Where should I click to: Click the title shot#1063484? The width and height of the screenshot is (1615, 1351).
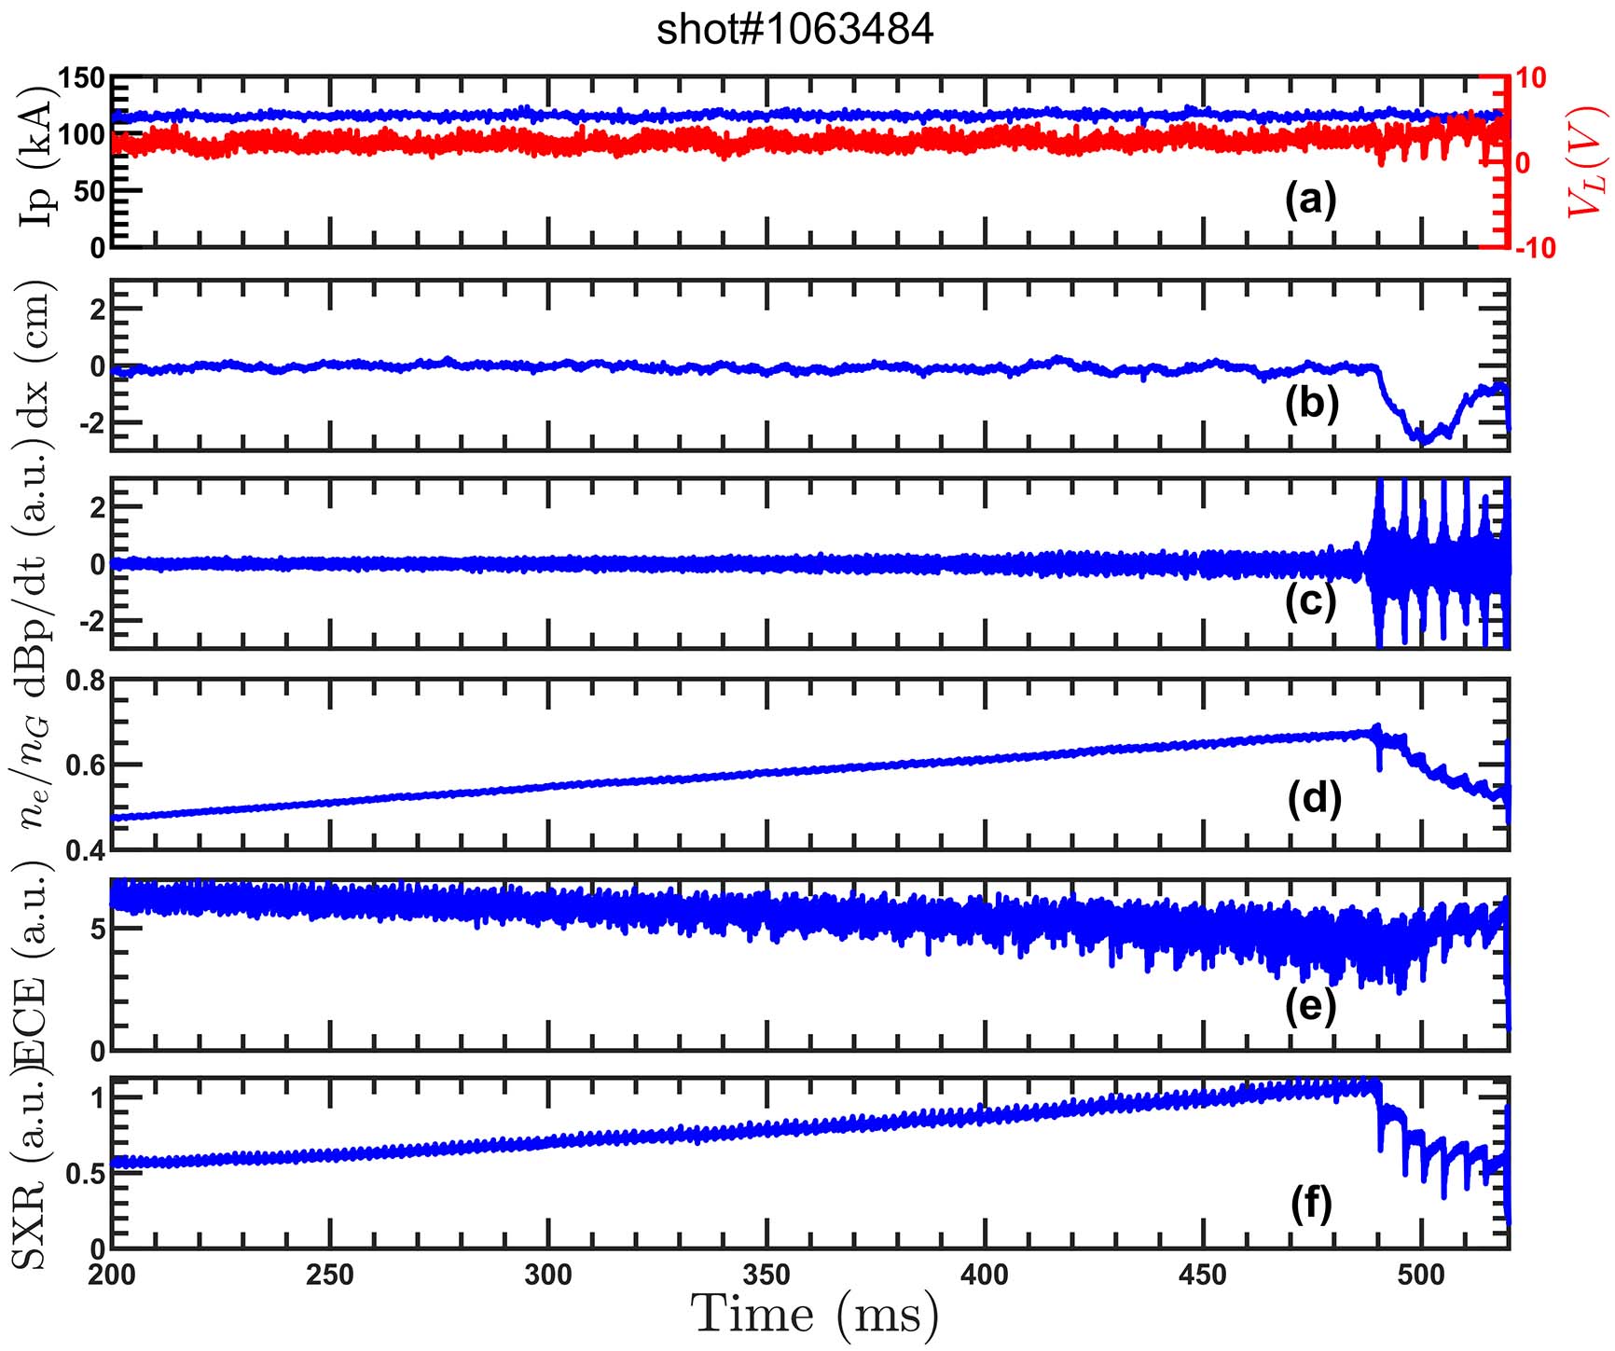(x=794, y=30)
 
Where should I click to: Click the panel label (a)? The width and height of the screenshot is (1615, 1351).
(x=1310, y=199)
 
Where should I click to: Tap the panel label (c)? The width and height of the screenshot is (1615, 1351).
(x=1310, y=601)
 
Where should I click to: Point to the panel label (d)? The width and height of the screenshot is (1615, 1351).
(x=1313, y=798)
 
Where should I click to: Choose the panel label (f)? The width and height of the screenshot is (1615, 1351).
(x=1310, y=1203)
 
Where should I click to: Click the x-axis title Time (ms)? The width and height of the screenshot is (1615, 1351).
(x=816, y=1316)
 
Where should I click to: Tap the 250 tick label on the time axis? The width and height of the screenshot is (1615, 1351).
(x=329, y=1275)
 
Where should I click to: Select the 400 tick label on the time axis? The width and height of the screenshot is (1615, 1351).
(x=985, y=1275)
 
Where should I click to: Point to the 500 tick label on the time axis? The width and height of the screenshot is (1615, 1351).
(x=1421, y=1275)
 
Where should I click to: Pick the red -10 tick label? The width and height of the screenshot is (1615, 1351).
(x=1534, y=248)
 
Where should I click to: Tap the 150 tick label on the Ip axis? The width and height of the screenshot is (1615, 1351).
(x=82, y=77)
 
